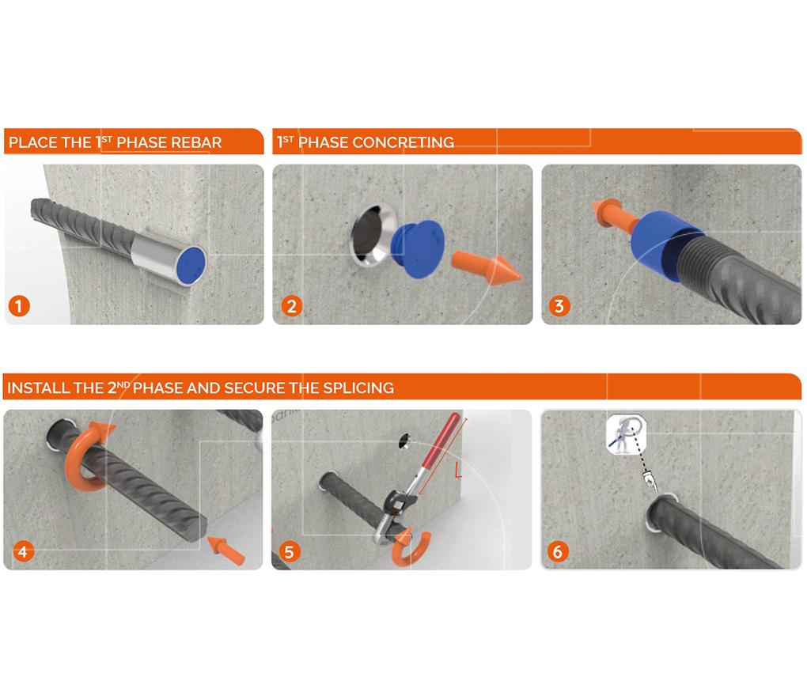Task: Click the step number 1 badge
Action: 19,306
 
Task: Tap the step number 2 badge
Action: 292,306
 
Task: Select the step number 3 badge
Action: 559,306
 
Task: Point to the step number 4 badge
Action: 22,551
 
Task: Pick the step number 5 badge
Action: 290,551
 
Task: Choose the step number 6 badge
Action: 558,551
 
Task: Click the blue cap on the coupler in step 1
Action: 190,266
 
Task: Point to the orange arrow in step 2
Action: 486,267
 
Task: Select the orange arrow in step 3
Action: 612,217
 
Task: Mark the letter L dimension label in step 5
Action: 459,470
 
